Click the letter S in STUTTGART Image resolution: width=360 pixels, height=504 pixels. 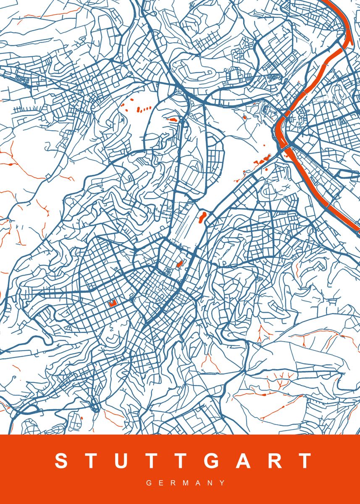click(x=61, y=461)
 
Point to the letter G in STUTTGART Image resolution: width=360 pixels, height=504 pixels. click(x=213, y=461)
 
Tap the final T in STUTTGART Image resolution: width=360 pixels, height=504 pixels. click(x=304, y=461)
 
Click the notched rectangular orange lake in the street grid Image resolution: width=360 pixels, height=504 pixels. click(x=112, y=303)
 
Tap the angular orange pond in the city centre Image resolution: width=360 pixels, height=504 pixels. click(x=179, y=264)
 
